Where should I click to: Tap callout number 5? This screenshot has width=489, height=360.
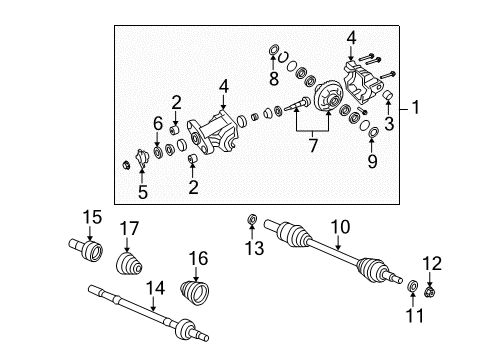coord(142,192)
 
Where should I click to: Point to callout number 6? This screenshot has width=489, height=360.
coord(158,123)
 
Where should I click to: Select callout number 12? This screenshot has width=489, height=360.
coord(431,263)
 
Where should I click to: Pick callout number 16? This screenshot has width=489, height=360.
coord(199,259)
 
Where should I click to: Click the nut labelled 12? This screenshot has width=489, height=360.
coord(430,292)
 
